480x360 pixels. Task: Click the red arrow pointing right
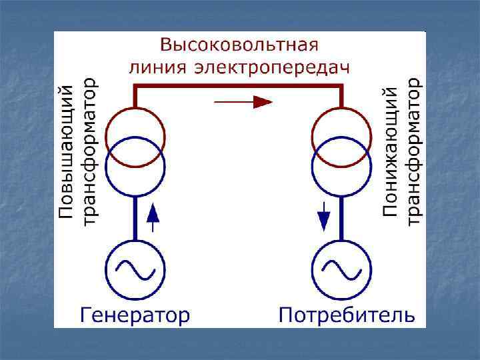(243, 102)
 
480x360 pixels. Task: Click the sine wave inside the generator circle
(135, 269)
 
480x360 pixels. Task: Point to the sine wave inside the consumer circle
(341, 269)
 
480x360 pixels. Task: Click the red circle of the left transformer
(135, 115)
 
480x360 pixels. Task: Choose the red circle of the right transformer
(341, 115)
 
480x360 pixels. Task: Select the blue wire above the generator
(135, 217)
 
